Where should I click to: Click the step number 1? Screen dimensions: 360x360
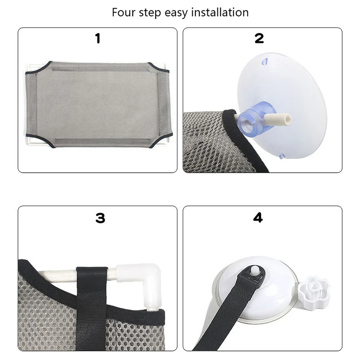98,39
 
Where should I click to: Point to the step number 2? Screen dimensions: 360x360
259,39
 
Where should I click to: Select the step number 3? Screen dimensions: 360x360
100,218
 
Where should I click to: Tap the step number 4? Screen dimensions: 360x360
258,218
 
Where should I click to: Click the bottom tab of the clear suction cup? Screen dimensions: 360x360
281,156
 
